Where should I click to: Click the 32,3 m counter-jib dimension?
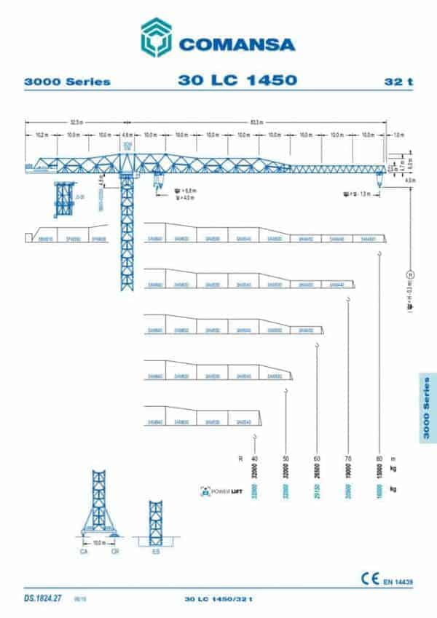coord(75,121)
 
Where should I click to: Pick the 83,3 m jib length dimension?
coord(256,121)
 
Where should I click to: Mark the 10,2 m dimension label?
coord(42,135)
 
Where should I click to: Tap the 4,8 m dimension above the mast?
coord(127,135)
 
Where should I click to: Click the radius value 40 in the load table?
coord(254,459)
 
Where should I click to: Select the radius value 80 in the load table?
coord(379,459)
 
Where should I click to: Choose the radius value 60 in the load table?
coord(316,459)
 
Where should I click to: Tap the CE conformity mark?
coord(369,579)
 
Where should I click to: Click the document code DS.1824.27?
coord(43,598)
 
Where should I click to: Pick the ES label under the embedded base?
coord(154,552)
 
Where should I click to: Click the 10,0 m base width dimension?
coord(98,543)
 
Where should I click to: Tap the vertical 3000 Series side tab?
coord(428,408)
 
